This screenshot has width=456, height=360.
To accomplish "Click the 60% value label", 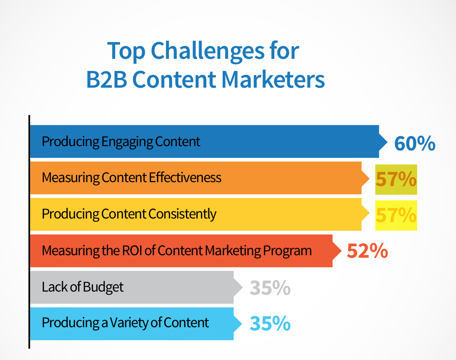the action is coord(415,143).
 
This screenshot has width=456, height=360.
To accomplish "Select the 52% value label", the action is coord(368,251).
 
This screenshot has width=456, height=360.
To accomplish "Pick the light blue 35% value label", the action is coord(270,323).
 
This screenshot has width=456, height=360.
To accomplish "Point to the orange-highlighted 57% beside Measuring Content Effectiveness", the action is coord(396,179).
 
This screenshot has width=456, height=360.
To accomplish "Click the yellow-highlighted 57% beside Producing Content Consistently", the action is coord(396,215).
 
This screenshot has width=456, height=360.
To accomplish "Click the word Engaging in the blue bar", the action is coord(127,142).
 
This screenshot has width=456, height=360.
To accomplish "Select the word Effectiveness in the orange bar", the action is coord(185,178).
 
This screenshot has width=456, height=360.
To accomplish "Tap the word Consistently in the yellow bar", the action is coord(182,214).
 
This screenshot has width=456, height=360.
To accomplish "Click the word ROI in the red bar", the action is coord(132,250).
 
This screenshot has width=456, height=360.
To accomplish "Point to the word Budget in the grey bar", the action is coord(103,287).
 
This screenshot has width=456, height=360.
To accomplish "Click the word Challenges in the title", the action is coord(208,51).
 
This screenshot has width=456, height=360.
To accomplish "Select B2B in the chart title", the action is coord(107,79).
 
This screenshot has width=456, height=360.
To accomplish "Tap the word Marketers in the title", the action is coord(273,79).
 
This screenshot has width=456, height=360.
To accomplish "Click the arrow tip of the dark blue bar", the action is coord(387,142).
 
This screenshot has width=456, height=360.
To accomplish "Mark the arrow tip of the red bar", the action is coord(341,251).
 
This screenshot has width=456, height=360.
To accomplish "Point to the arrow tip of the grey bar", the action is coord(242,287).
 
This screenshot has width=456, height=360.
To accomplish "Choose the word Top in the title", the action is coord(126,51).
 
